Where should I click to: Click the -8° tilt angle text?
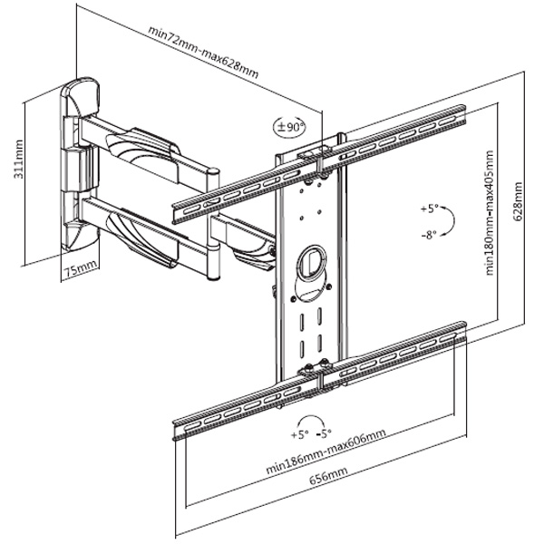[429, 234]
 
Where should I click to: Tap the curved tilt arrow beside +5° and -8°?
[452, 220]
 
